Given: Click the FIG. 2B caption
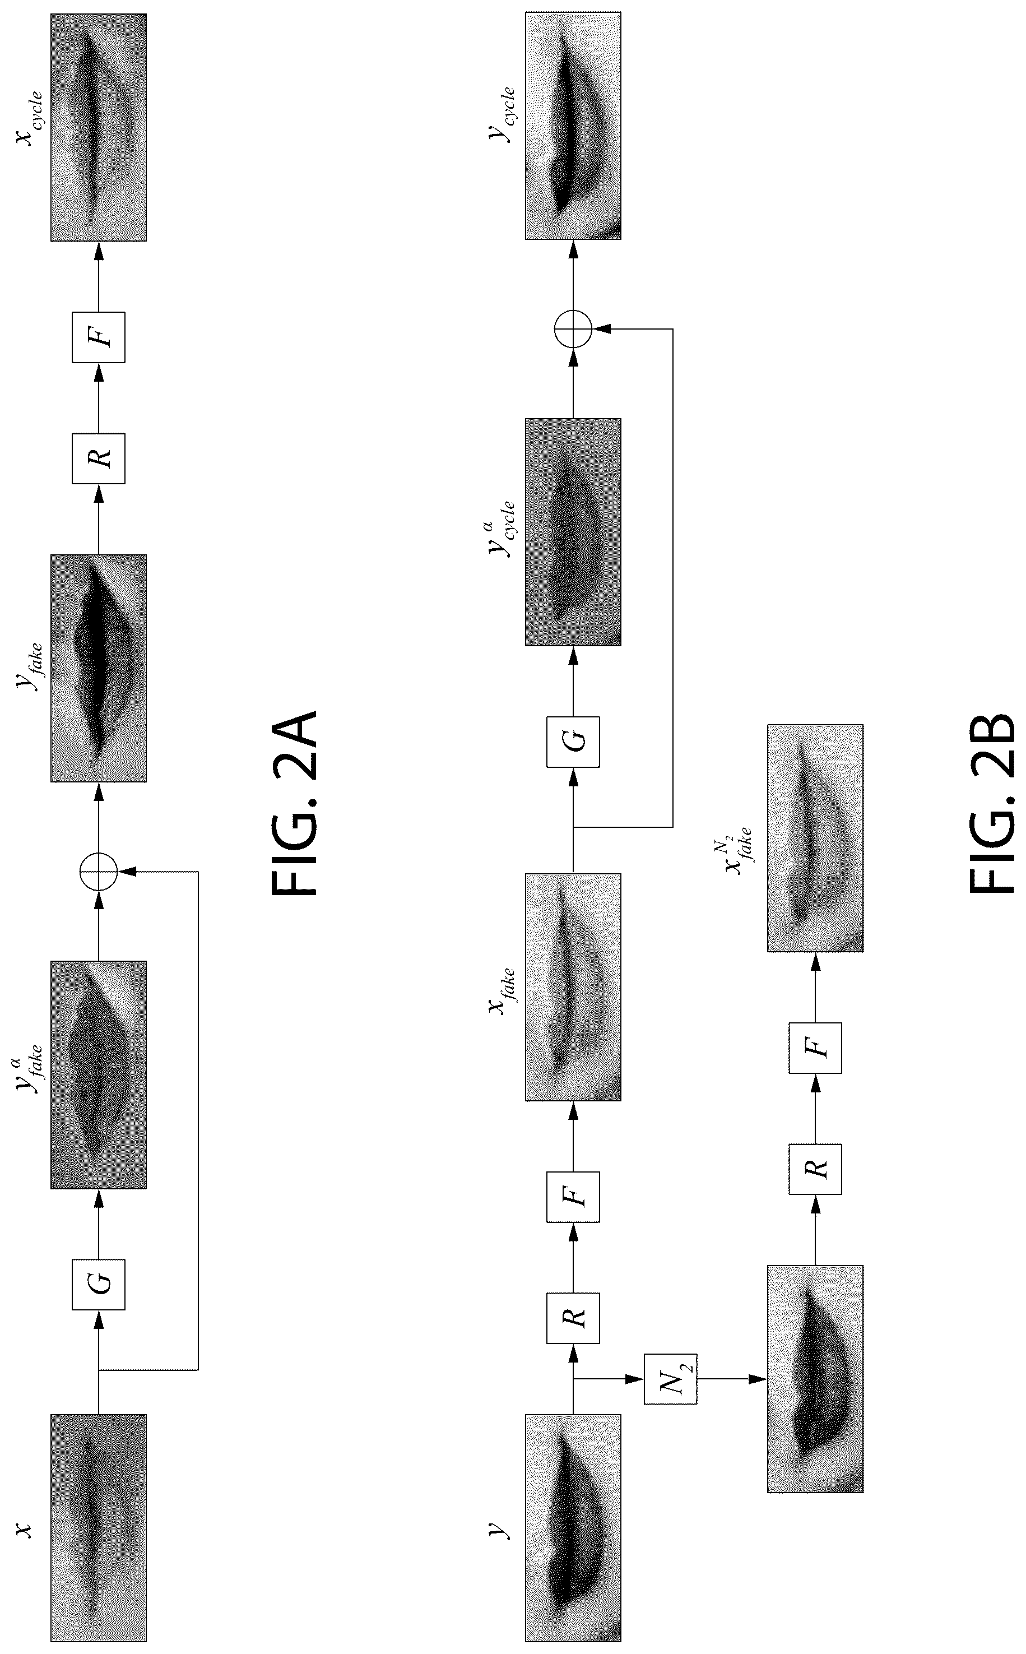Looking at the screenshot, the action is pyautogui.click(x=992, y=803).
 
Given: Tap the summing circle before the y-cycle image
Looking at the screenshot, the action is pyautogui.click(x=573, y=328).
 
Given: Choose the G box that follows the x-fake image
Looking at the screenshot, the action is pyautogui.click(x=573, y=741).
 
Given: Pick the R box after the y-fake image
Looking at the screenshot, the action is pyautogui.click(x=99, y=458).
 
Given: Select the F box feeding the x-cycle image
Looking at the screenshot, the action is pyautogui.click(x=99, y=337).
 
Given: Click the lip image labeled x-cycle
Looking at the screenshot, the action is pyautogui.click(x=99, y=127).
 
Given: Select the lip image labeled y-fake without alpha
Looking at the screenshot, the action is pyautogui.click(x=99, y=668).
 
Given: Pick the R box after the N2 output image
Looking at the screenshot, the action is pyautogui.click(x=815, y=1169).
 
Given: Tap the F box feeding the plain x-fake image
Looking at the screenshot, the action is pyautogui.click(x=573, y=1197).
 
